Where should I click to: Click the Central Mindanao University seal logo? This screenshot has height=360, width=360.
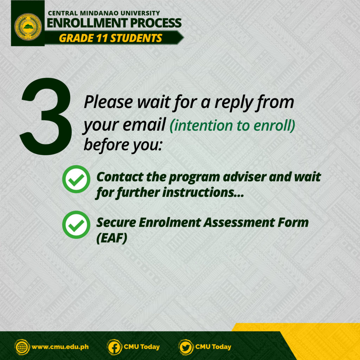(28, 27)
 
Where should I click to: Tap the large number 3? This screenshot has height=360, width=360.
(46, 116)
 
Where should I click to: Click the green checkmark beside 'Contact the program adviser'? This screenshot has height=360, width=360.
(76, 179)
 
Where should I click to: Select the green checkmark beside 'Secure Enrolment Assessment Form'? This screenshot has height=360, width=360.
(76, 225)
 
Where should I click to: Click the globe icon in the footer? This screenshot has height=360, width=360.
(22, 347)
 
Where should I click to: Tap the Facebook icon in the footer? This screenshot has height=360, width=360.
(114, 347)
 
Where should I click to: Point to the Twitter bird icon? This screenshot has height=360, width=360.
(186, 347)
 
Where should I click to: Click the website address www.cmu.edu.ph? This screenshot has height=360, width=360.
(60, 347)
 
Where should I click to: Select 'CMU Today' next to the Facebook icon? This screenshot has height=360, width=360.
(142, 347)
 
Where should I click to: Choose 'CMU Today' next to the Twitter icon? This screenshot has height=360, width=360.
(213, 347)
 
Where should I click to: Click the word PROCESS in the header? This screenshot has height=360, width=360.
(156, 23)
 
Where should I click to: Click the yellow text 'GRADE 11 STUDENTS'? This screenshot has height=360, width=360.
(111, 38)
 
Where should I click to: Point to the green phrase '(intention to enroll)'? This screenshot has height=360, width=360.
(232, 126)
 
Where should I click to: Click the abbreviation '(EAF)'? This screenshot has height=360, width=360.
(112, 238)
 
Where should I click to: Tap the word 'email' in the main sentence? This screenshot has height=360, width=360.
(144, 125)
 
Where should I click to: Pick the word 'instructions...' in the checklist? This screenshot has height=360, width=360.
(203, 192)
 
